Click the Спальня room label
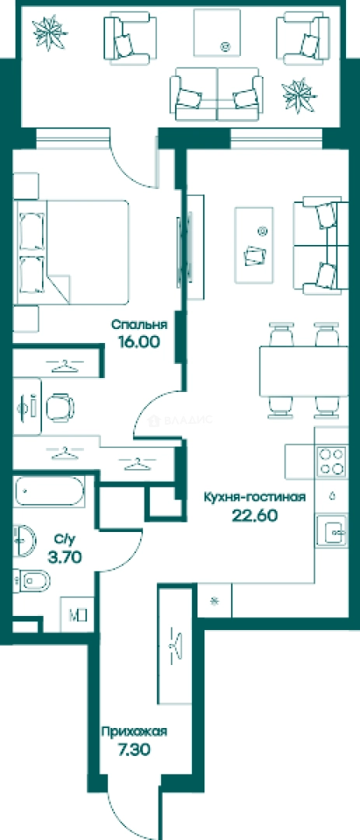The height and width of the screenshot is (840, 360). [x=139, y=324]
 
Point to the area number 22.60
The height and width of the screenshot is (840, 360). [x=254, y=515]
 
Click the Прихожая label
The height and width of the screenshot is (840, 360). [x=134, y=732]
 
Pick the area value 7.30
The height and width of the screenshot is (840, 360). [x=134, y=749]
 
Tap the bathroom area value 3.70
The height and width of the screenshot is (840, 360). [x=65, y=557]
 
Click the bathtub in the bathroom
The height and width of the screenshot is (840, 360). [x=49, y=492]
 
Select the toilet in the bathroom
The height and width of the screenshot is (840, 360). [x=31, y=580]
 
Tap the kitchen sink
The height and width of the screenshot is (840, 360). [x=331, y=531]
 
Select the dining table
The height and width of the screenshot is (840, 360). [x=303, y=371]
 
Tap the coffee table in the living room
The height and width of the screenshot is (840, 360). [x=253, y=245]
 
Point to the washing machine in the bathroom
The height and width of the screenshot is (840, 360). [x=77, y=614]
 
